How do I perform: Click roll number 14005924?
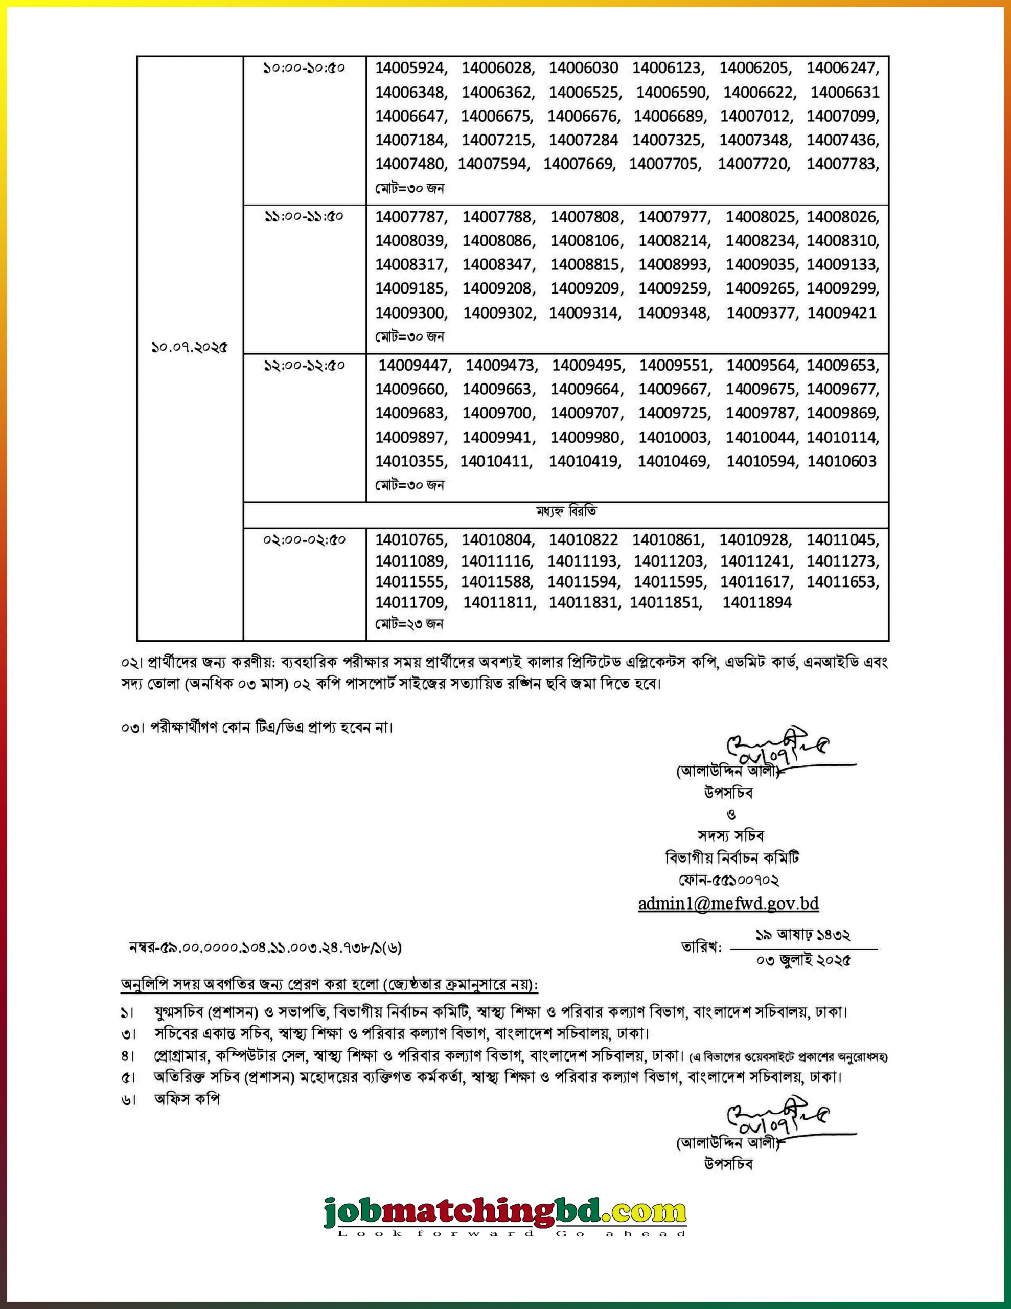click(x=410, y=67)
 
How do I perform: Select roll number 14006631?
click(x=844, y=93)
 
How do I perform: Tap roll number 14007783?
click(x=842, y=164)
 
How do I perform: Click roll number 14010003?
click(x=674, y=438)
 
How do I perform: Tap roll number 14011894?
click(x=757, y=602)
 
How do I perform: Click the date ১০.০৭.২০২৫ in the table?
click(x=190, y=347)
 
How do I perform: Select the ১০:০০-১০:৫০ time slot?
click(x=305, y=67)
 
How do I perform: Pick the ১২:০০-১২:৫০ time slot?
click(x=305, y=365)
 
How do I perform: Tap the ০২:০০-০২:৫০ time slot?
click(x=305, y=540)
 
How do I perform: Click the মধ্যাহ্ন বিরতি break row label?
click(x=566, y=512)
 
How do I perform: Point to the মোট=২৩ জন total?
click(x=409, y=624)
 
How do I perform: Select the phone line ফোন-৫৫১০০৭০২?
click(x=728, y=880)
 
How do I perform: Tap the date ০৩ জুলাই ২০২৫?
click(x=803, y=960)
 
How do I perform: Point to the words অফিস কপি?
click(x=187, y=1099)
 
